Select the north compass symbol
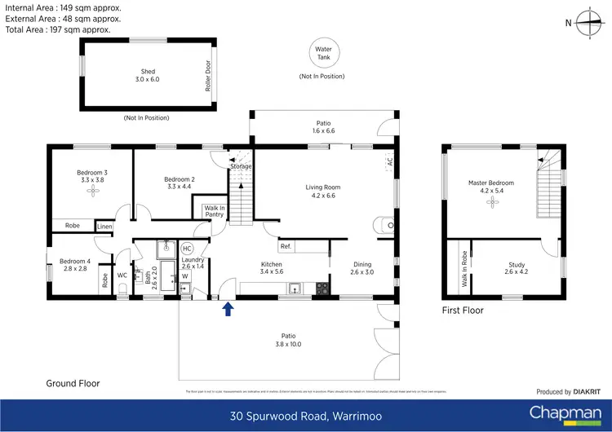pos(586,24)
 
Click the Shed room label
pos(148,76)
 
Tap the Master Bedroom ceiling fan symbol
pos(491,198)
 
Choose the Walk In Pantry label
pos(215,212)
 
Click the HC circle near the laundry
pos(187,248)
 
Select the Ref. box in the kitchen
pos(286,246)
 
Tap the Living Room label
pos(323,192)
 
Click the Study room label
pos(516,268)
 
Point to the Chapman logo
pos(562,412)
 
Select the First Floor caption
pos(463,311)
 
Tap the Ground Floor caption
pos(73,382)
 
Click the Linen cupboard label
pos(105,227)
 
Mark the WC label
pos(122,276)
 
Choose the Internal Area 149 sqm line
pos(63,7)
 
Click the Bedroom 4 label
pos(74,264)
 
